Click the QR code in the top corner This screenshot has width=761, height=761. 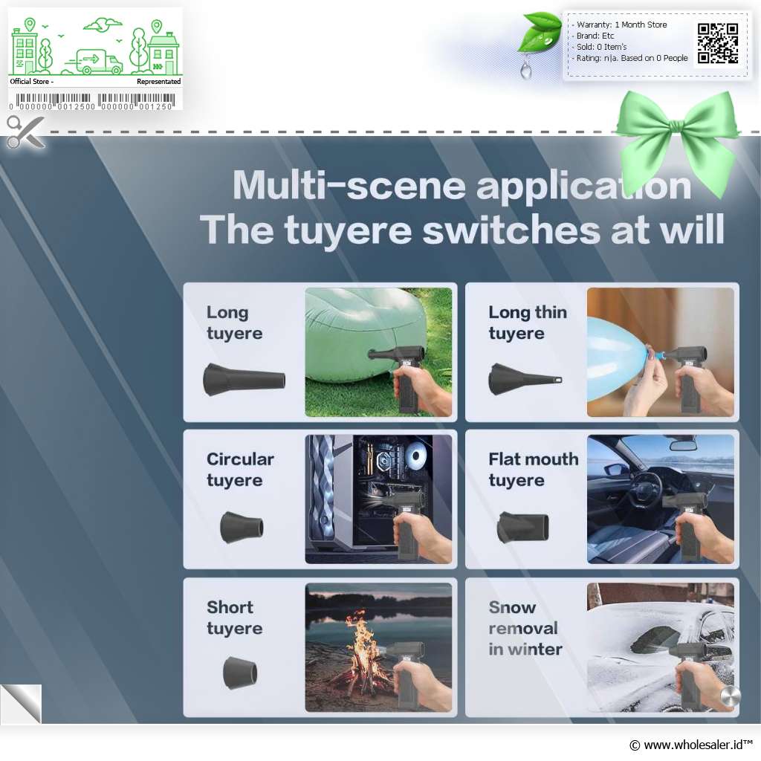(718, 44)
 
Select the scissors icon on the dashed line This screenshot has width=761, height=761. (25, 132)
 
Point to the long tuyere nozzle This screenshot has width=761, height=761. (244, 379)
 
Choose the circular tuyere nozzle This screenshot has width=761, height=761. (242, 527)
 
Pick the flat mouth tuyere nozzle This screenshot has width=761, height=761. (523, 527)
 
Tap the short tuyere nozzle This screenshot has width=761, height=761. (240, 673)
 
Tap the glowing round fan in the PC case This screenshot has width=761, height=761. (415, 455)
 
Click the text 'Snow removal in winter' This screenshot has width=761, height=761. (525, 628)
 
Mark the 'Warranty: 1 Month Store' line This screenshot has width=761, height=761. (621, 25)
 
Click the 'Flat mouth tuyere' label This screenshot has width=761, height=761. (534, 470)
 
